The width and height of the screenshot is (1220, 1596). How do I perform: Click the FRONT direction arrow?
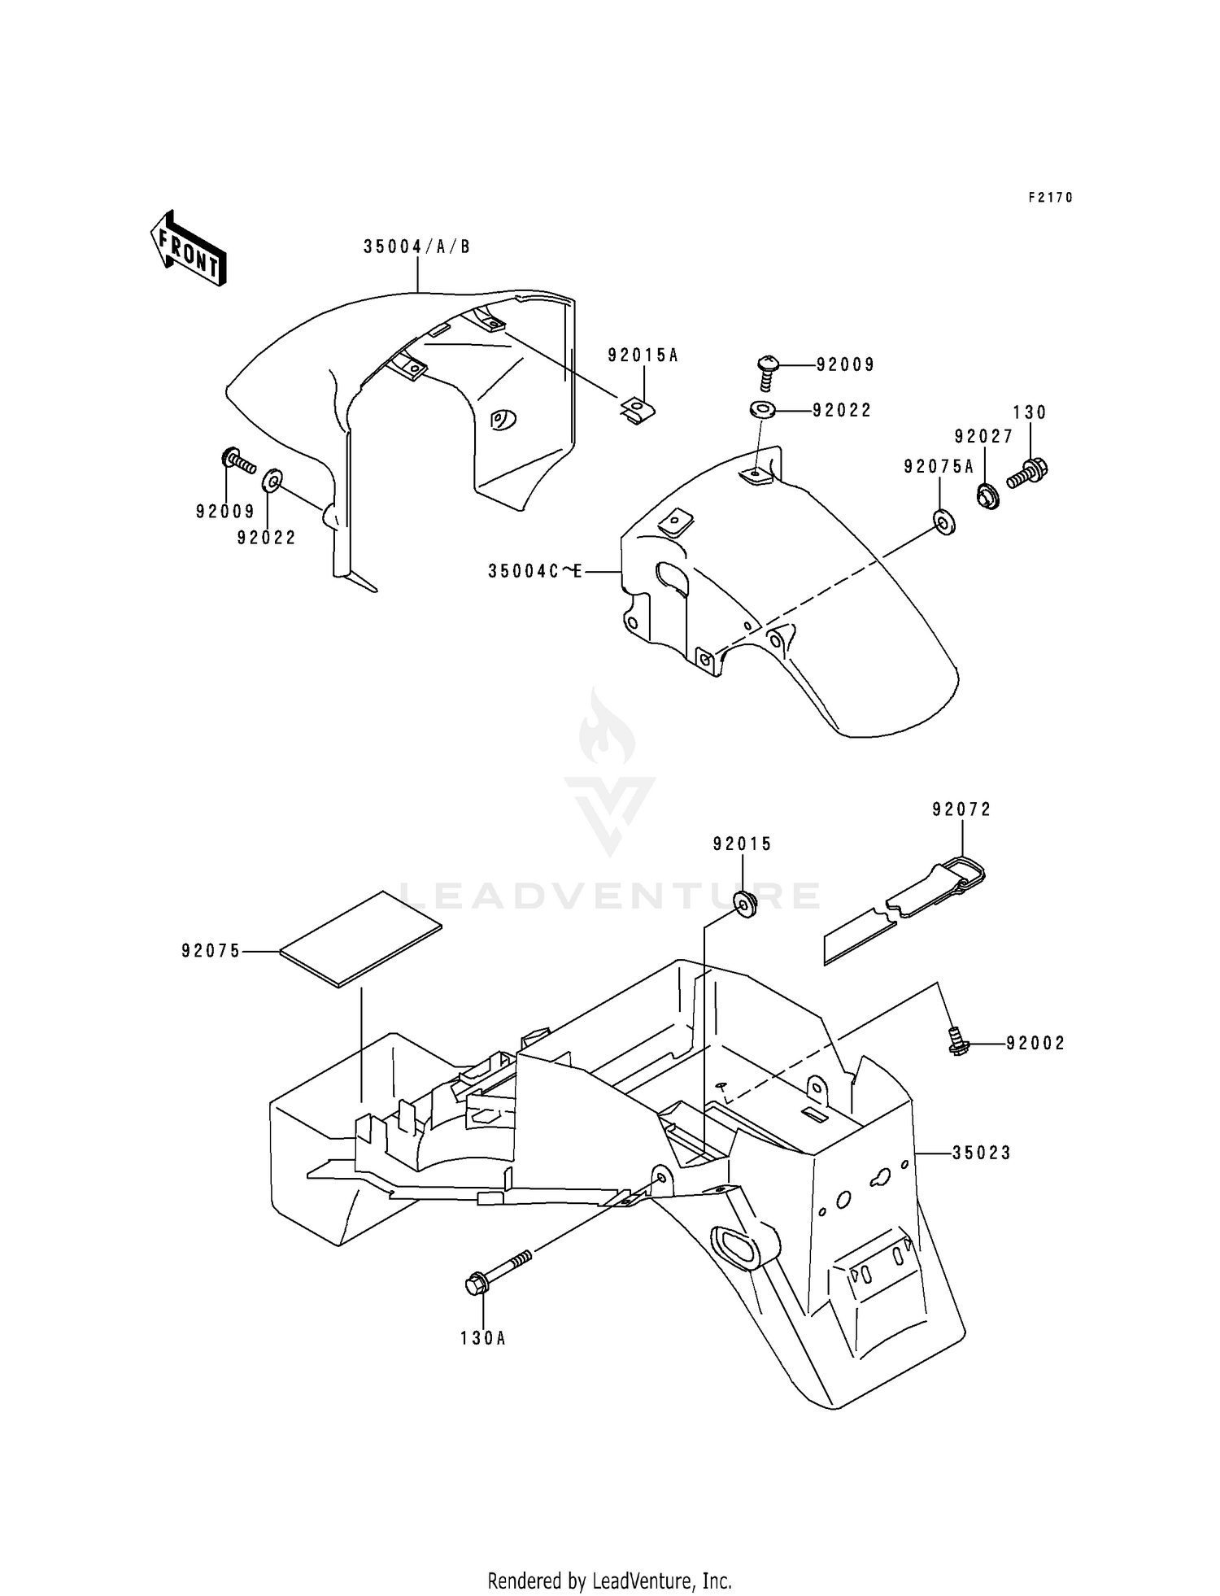[187, 247]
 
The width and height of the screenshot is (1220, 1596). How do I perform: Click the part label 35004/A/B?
[416, 246]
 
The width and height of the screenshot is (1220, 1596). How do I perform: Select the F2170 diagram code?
[1051, 198]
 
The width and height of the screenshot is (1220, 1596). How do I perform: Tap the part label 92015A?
[643, 355]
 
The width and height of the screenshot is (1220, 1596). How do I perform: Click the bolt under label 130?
[1028, 472]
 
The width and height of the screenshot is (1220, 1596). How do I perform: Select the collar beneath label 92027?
[987, 494]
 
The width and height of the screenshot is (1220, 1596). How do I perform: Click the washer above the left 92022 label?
[271, 481]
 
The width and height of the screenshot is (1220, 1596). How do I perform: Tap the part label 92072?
[961, 809]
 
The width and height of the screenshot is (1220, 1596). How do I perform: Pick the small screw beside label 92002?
[958, 1040]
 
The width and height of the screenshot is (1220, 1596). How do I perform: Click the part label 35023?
[981, 1153]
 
